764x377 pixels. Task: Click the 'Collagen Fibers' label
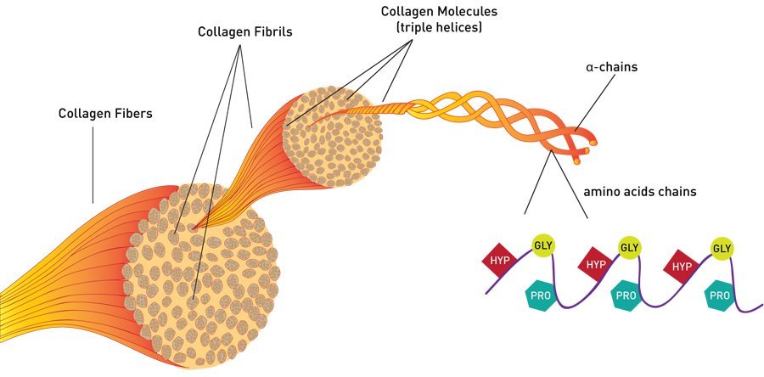(x=105, y=114)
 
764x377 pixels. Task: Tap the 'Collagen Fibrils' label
(x=244, y=32)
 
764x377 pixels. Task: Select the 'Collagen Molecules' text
(x=439, y=11)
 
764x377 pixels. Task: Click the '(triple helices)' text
(x=439, y=28)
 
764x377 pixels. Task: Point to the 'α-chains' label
(x=611, y=67)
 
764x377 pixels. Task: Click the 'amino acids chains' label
(x=640, y=191)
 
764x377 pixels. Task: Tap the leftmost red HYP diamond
(x=500, y=261)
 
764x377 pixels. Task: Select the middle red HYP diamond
(x=596, y=264)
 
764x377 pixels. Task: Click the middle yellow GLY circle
(x=630, y=248)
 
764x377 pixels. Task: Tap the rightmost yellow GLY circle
(x=722, y=249)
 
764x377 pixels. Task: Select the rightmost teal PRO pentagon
(x=720, y=295)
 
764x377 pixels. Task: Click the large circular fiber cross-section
(x=200, y=276)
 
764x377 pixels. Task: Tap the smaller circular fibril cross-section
(x=333, y=138)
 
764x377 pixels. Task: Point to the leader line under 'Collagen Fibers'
(x=93, y=165)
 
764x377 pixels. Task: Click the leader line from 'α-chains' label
(x=592, y=103)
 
